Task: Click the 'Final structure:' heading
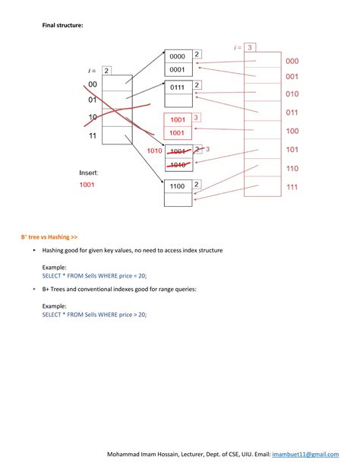coord(62,26)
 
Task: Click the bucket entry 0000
coord(178,56)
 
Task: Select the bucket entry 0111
coord(178,87)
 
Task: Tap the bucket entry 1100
coord(178,186)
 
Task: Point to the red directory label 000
coord(292,61)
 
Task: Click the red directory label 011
coord(292,113)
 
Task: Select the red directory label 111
coord(292,187)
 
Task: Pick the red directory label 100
coord(292,131)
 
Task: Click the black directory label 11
coord(93,136)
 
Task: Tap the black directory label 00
coord(93,84)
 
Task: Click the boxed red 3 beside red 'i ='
coord(250,47)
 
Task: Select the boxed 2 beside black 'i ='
coord(107,71)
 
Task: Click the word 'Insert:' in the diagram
coord(89,173)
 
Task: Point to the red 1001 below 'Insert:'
coord(90,185)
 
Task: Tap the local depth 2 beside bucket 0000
coord(197,55)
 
